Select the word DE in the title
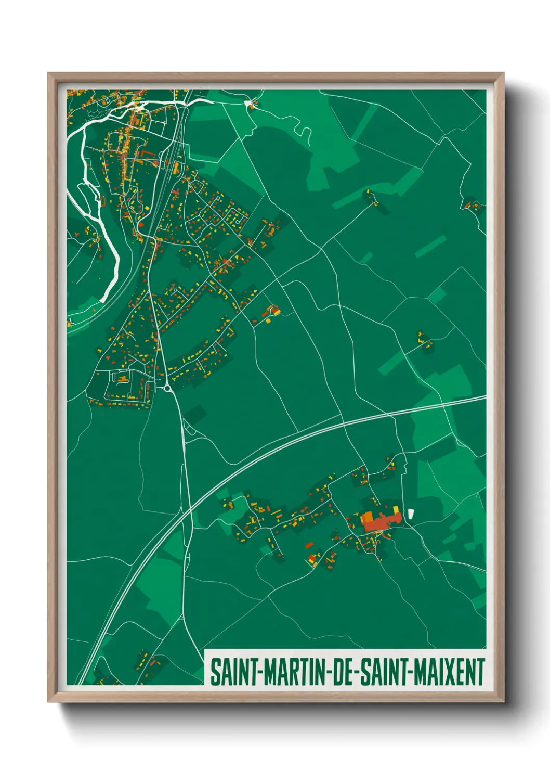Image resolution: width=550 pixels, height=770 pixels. coord(345,672)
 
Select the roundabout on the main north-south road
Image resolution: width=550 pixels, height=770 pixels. coord(168,388)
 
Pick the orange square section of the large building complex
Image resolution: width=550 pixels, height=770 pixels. coord(368,518)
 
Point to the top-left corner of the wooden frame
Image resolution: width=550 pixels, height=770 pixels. coord(49,74)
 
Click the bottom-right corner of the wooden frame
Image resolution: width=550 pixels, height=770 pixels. coord(503,701)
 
